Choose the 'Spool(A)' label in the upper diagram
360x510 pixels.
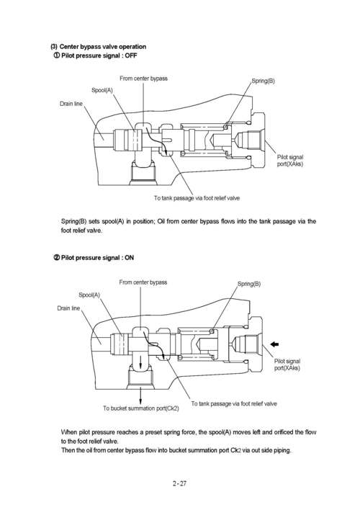pos(102,89)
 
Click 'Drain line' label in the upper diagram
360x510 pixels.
pos(71,104)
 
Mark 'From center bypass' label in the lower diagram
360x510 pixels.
pos(143,282)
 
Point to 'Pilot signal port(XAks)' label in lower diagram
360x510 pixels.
pos(287,364)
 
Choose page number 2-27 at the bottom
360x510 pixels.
pos(179,483)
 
